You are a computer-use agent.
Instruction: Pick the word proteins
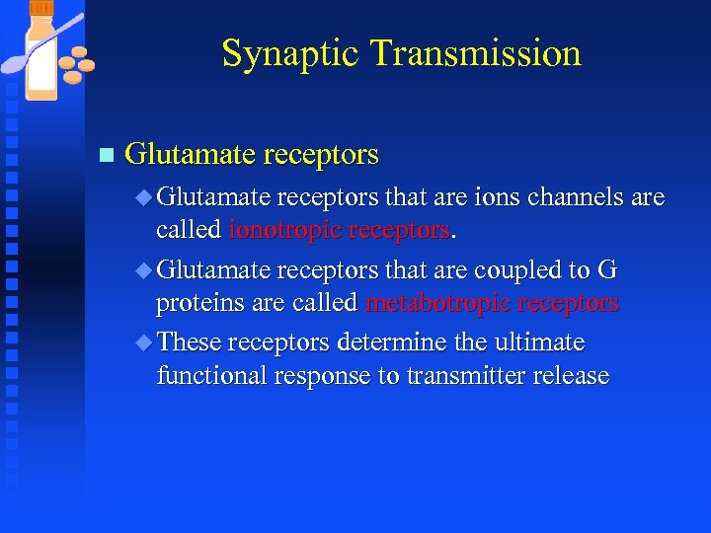[200, 302]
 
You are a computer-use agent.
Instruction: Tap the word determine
[393, 343]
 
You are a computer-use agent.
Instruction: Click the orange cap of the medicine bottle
[42, 8]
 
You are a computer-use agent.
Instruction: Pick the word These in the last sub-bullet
[190, 343]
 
